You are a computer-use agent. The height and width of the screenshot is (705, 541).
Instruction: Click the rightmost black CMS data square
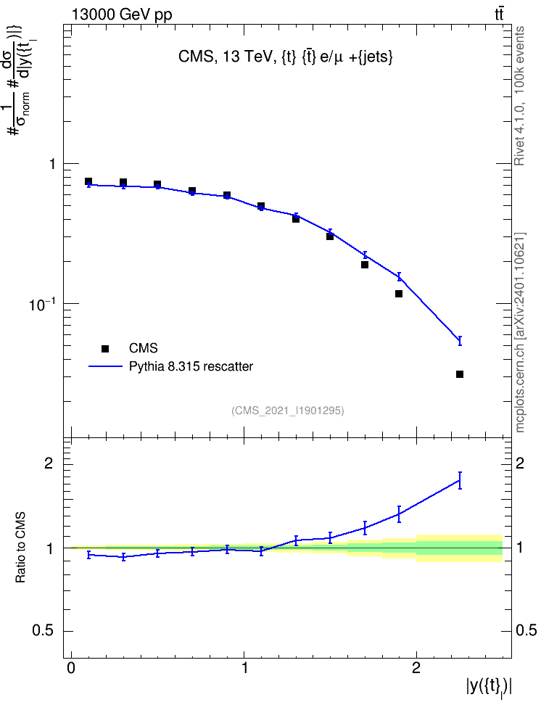[460, 374]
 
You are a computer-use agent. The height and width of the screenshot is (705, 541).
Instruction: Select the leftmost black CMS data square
[88, 181]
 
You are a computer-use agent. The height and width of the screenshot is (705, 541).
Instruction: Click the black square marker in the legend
[105, 348]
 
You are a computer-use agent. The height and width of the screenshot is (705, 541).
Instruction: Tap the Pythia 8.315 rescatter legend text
[191, 366]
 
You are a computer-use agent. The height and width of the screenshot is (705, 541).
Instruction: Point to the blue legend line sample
[106, 366]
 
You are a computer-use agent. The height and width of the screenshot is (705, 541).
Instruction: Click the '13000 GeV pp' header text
[121, 15]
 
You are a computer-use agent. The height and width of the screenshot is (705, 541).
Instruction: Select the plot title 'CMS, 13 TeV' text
[227, 57]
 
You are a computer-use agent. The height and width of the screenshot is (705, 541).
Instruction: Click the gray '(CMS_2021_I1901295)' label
[288, 411]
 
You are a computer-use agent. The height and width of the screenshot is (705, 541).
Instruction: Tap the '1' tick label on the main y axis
[53, 164]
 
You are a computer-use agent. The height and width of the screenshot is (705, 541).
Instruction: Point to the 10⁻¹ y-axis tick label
[42, 304]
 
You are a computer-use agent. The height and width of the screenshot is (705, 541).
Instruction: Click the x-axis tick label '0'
[71, 668]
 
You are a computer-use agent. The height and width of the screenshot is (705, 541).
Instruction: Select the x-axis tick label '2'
[416, 668]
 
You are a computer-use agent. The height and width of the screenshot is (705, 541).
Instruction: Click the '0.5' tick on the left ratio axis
[43, 631]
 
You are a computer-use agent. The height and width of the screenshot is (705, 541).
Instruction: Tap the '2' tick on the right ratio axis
[520, 463]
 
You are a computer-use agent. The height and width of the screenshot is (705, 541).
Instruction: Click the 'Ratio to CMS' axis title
[20, 547]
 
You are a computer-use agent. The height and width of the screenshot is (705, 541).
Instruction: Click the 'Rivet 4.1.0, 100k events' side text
[519, 96]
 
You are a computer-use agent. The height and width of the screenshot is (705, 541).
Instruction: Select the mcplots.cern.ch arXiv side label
[520, 332]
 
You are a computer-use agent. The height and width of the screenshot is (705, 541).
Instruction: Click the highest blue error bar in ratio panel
[460, 480]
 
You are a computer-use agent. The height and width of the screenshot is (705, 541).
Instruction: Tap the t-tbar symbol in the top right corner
[499, 15]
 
